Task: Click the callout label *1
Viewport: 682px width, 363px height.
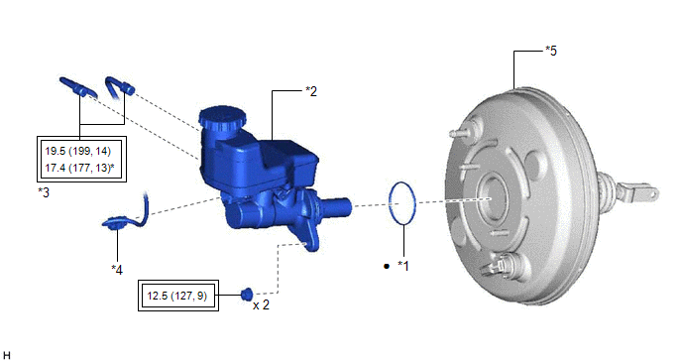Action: [403, 266]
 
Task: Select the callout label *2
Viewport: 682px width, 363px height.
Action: [311, 91]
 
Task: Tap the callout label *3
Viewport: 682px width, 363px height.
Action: [44, 192]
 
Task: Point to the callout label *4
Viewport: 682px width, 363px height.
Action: [117, 270]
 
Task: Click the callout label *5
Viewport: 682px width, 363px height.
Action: [551, 51]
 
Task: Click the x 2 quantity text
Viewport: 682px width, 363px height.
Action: [261, 305]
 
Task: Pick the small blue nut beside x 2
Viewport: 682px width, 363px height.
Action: [247, 294]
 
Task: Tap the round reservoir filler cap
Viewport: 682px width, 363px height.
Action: [222, 117]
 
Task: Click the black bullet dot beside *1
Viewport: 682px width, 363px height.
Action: [387, 266]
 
